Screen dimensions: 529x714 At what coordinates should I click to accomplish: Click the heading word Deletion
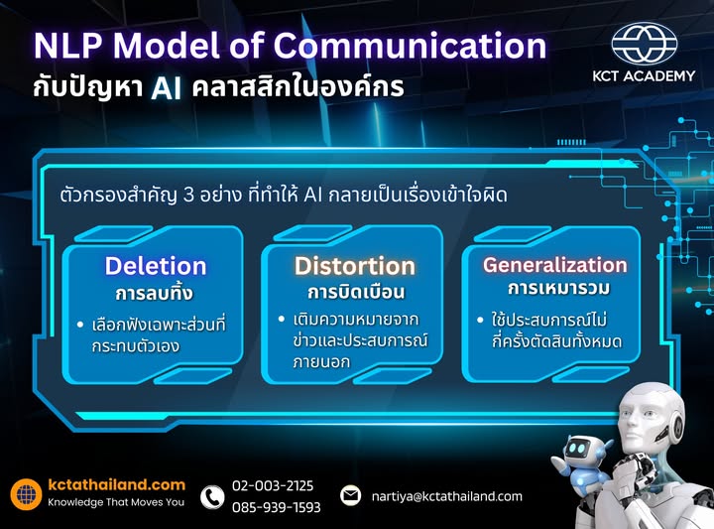pyautogui.click(x=156, y=266)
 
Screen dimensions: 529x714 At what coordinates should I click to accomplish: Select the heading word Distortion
pyautogui.click(x=354, y=266)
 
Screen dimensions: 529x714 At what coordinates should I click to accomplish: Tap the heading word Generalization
pyautogui.click(x=554, y=265)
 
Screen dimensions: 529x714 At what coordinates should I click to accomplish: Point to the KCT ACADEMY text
pyautogui.click(x=645, y=75)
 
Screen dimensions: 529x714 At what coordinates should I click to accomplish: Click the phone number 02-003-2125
pyautogui.click(x=273, y=485)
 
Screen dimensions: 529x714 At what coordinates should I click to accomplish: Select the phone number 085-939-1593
pyautogui.click(x=276, y=507)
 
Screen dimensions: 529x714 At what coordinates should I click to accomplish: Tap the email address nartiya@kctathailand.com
pyautogui.click(x=446, y=496)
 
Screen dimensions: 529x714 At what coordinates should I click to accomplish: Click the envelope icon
pyautogui.click(x=350, y=495)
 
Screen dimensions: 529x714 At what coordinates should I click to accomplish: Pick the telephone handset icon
pyautogui.click(x=212, y=496)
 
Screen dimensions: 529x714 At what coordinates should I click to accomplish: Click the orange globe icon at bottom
pyautogui.click(x=27, y=494)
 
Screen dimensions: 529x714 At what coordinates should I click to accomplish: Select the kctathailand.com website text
pyautogui.click(x=117, y=484)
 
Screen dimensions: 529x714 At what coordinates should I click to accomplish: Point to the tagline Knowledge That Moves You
pyautogui.click(x=116, y=502)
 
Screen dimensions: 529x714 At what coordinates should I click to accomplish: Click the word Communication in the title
pyautogui.click(x=409, y=46)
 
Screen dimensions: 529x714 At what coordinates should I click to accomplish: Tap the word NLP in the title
pyautogui.click(x=67, y=46)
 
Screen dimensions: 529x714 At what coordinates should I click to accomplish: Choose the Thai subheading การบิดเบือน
pyautogui.click(x=354, y=294)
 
